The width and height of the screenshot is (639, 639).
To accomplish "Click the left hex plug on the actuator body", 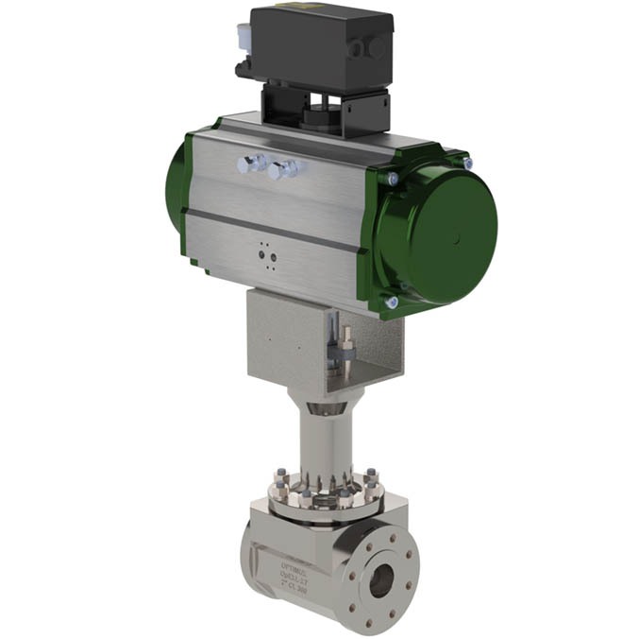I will (250, 164).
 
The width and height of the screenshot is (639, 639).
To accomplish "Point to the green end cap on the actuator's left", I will (175, 184).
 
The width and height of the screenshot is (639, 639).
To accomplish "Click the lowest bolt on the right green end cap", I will (392, 302).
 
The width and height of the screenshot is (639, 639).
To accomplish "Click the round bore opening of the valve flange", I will (381, 582).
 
